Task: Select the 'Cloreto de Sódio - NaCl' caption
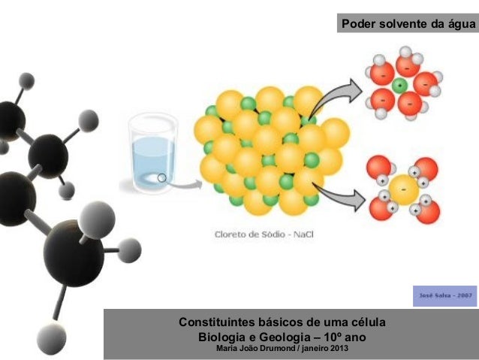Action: [264, 234]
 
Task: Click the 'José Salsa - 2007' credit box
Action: [444, 295]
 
